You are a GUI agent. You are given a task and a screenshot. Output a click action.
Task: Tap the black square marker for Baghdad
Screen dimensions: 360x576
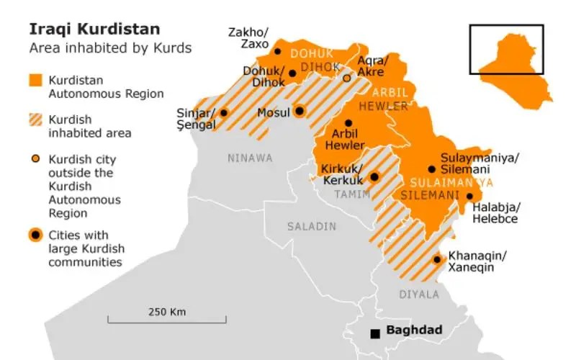374,333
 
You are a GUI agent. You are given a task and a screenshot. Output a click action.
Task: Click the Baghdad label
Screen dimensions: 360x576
414,330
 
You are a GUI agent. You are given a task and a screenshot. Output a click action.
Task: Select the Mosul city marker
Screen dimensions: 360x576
300,111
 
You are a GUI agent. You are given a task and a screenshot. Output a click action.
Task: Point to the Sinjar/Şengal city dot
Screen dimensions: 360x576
224,112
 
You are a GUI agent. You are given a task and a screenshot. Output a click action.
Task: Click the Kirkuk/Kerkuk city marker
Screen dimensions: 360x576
374,176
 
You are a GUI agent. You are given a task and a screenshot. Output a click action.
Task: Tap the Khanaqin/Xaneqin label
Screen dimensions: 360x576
477,261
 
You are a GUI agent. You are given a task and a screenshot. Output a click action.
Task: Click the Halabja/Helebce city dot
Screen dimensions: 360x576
469,196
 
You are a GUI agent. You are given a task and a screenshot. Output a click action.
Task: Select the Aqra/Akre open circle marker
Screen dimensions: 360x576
346,78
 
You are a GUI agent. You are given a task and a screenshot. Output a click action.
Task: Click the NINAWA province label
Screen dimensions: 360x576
250,158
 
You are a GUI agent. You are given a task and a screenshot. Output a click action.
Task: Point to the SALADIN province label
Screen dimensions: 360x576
312,226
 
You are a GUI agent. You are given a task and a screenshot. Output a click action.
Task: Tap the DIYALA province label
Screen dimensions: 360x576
418,294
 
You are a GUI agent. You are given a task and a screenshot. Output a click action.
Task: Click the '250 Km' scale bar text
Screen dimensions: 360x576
167,312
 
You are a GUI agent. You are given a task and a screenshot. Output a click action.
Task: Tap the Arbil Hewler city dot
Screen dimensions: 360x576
348,123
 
